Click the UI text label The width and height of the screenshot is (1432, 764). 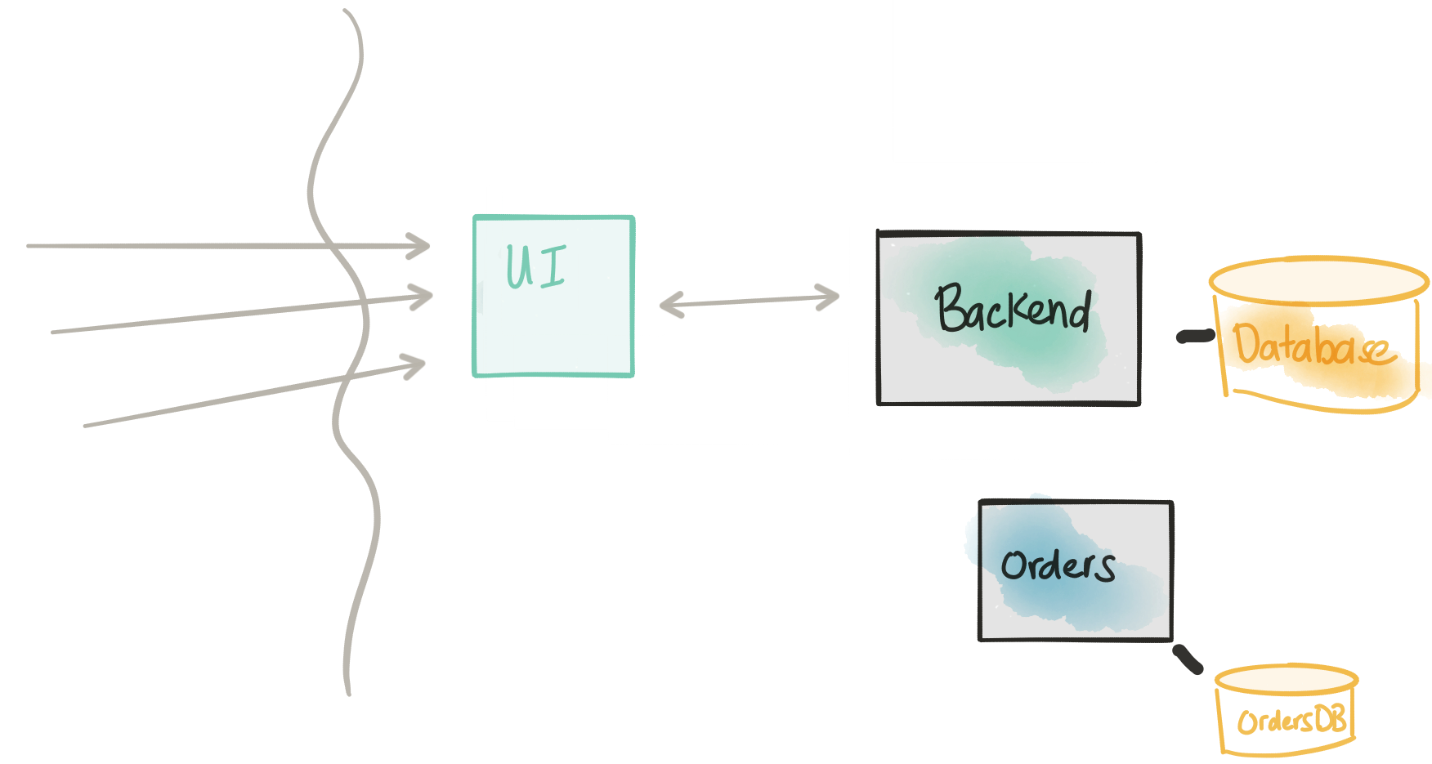click(536, 266)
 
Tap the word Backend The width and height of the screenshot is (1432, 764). click(1013, 308)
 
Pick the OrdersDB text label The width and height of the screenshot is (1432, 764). click(1291, 720)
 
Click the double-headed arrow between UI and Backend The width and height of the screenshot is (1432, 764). click(750, 301)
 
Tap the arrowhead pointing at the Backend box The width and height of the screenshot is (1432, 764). click(829, 297)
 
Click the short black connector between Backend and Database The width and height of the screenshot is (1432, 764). click(1195, 336)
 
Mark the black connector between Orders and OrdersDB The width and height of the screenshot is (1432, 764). click(1188, 659)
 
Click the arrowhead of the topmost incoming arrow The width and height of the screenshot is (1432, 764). click(419, 246)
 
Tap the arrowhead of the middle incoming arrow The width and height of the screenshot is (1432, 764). click(422, 297)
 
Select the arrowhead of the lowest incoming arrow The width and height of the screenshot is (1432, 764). click(414, 365)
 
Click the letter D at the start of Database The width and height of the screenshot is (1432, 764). click(1247, 342)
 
